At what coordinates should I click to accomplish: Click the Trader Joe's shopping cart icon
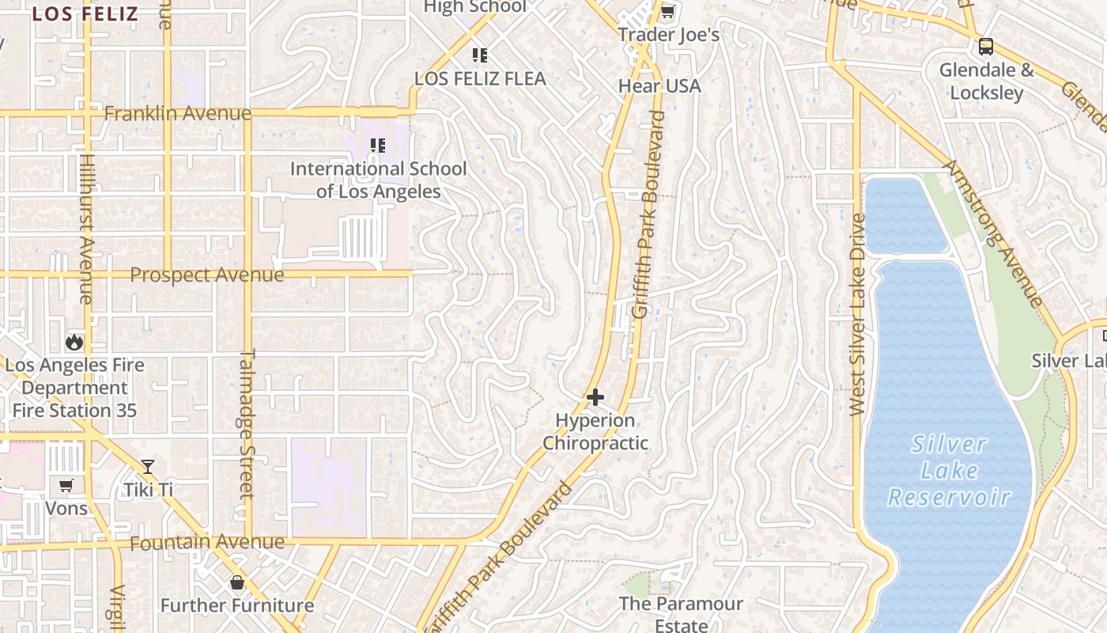(667, 12)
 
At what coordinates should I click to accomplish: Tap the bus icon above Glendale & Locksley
(986, 46)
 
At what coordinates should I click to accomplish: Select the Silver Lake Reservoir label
(949, 471)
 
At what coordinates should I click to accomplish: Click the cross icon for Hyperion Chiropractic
(595, 396)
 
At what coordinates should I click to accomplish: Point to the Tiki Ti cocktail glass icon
(148, 467)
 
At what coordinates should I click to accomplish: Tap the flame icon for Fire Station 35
(74, 342)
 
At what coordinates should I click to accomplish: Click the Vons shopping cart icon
(66, 485)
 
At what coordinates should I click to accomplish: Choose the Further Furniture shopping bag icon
(236, 583)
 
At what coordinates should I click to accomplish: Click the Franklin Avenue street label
(178, 114)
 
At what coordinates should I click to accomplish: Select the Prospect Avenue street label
(206, 275)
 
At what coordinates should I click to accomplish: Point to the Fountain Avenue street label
(206, 543)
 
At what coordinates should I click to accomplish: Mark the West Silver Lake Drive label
(857, 314)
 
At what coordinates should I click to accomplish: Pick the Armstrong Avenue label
(994, 233)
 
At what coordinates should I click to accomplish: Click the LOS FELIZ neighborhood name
(85, 13)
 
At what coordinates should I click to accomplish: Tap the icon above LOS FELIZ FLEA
(479, 55)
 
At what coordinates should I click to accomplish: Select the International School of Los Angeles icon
(378, 146)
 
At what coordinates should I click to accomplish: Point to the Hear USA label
(659, 85)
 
